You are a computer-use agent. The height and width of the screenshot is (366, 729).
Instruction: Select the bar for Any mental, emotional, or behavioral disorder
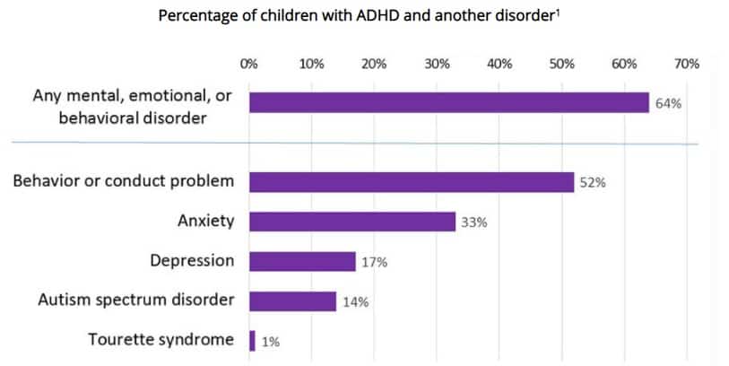coord(448,103)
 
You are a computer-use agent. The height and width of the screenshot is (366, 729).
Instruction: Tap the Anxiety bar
coord(351,222)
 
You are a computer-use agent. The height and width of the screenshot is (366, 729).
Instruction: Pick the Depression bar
coord(302,261)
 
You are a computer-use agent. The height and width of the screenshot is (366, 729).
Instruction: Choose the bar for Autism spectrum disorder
coord(292,301)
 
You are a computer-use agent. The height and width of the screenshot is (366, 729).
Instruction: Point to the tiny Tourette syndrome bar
coord(252,341)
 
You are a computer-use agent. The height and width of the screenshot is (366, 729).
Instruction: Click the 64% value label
coord(668,103)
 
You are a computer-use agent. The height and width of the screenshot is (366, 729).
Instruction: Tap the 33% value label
coord(473,222)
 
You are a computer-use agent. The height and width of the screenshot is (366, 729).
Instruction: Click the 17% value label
coord(374,262)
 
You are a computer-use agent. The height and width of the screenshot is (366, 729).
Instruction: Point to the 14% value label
coord(354,301)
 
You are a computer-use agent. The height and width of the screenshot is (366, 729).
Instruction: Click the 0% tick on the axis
coord(248,64)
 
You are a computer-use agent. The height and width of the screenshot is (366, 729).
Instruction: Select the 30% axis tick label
coord(437,64)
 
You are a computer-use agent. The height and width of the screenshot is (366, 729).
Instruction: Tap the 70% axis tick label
coord(686,64)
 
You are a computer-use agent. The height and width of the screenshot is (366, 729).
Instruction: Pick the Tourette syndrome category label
coord(161,340)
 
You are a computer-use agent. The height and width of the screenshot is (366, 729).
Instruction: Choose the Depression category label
coord(192,260)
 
